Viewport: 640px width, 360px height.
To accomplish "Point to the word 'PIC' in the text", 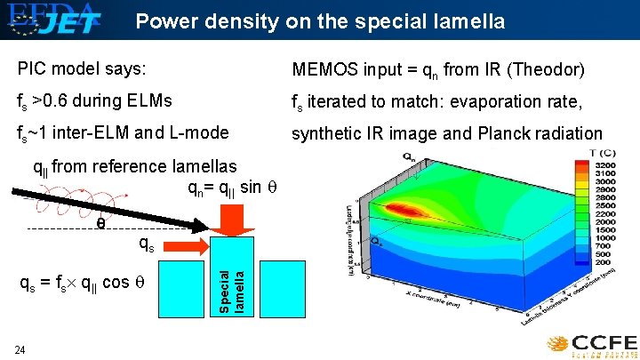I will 32,68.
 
